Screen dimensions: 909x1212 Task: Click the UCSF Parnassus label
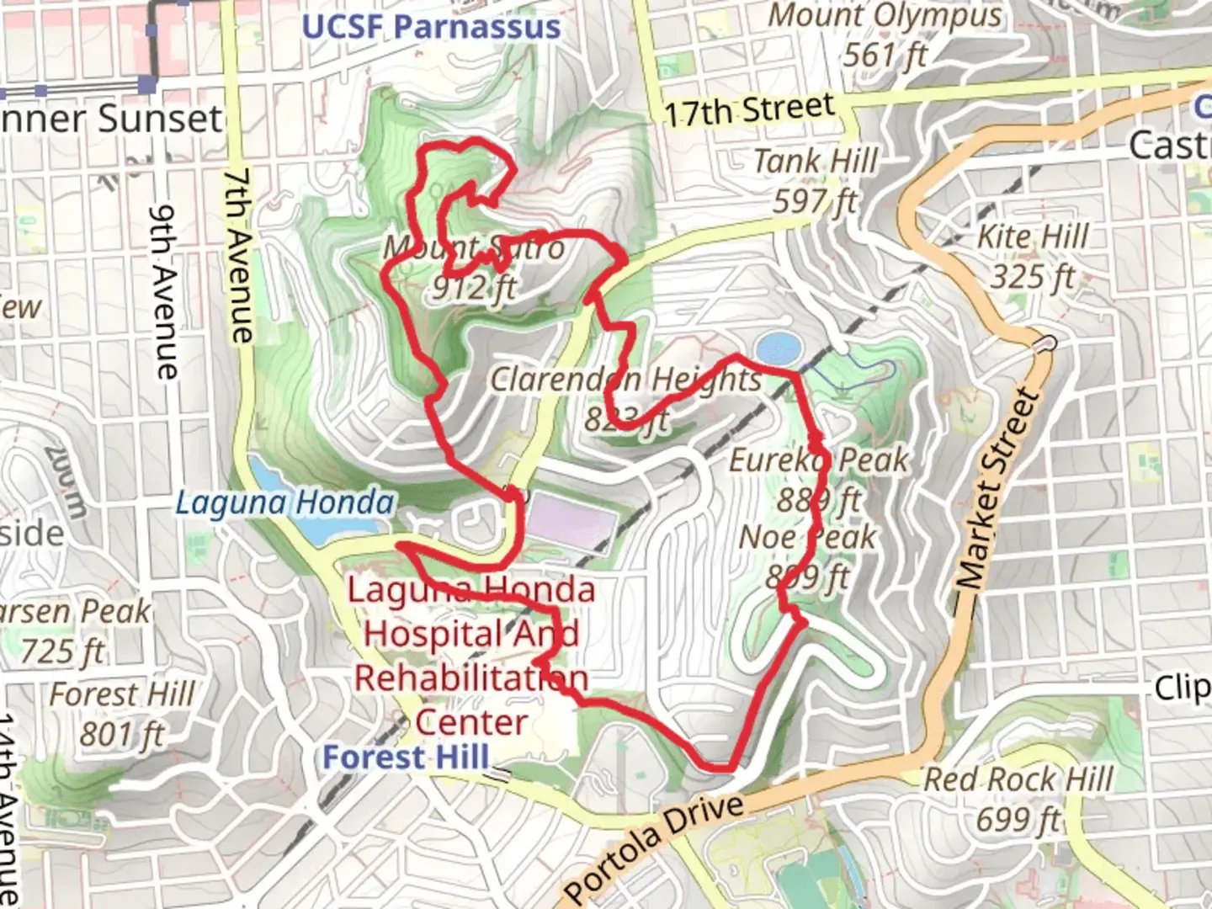click(x=431, y=27)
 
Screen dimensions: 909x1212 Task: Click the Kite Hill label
click(x=1033, y=237)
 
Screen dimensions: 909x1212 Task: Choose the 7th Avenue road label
click(x=239, y=256)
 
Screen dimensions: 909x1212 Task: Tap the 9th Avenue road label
click(x=165, y=291)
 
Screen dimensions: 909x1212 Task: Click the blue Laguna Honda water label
click(x=284, y=503)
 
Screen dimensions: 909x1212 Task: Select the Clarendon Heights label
click(x=626, y=380)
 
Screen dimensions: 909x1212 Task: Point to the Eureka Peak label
click(x=818, y=460)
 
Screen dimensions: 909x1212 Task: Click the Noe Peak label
click(x=807, y=538)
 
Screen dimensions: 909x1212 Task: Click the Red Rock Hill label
click(x=1018, y=779)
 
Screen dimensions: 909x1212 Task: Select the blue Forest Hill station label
click(x=406, y=757)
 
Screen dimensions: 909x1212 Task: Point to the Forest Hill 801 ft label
click(x=122, y=695)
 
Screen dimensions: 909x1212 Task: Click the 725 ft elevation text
click(x=63, y=651)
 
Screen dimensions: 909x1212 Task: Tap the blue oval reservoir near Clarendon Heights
click(x=778, y=348)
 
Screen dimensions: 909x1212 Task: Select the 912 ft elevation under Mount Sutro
click(x=473, y=289)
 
